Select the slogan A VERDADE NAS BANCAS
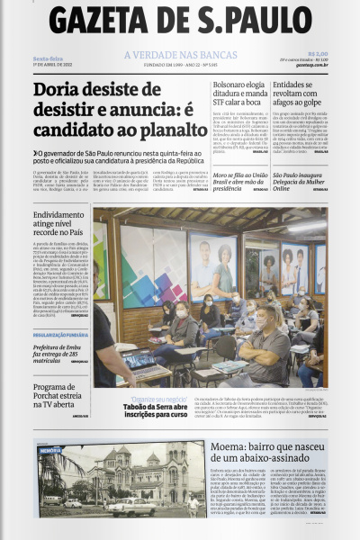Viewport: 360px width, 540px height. (179, 56)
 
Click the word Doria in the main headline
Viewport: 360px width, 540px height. (58, 92)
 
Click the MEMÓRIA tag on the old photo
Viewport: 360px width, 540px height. (50, 449)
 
